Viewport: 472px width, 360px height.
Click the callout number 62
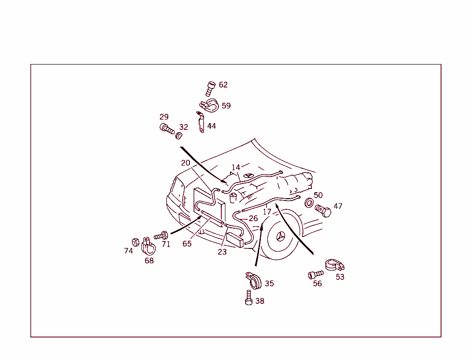[x=223, y=85]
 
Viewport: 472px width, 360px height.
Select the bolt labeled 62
[x=210, y=88]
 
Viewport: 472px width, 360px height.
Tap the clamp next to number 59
[x=208, y=106]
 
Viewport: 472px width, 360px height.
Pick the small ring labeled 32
[x=179, y=136]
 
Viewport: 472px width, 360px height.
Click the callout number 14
[x=236, y=167]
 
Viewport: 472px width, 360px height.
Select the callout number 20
[x=185, y=163]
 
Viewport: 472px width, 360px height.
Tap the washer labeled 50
[x=309, y=203]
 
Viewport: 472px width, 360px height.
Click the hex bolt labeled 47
[x=324, y=212]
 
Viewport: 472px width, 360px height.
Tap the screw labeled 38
[x=249, y=298]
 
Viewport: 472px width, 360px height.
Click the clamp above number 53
[x=335, y=265]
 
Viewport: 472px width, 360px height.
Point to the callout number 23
[x=222, y=252]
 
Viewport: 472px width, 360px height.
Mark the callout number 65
[x=187, y=244]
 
